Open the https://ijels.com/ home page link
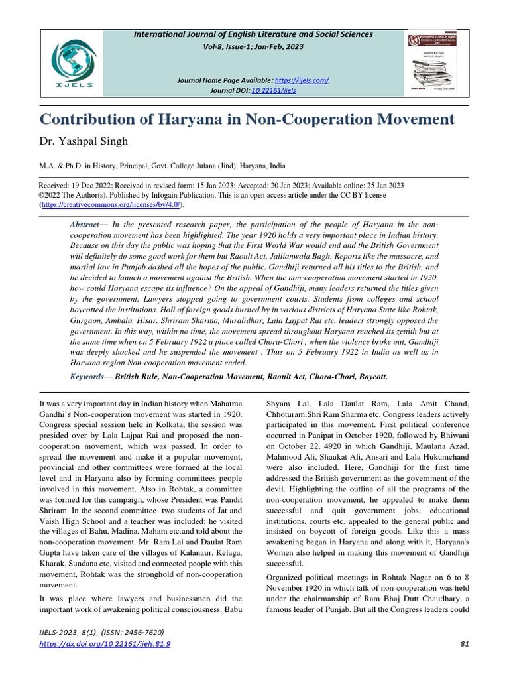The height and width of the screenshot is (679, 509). click(x=303, y=80)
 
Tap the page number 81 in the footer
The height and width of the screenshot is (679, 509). click(x=463, y=645)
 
